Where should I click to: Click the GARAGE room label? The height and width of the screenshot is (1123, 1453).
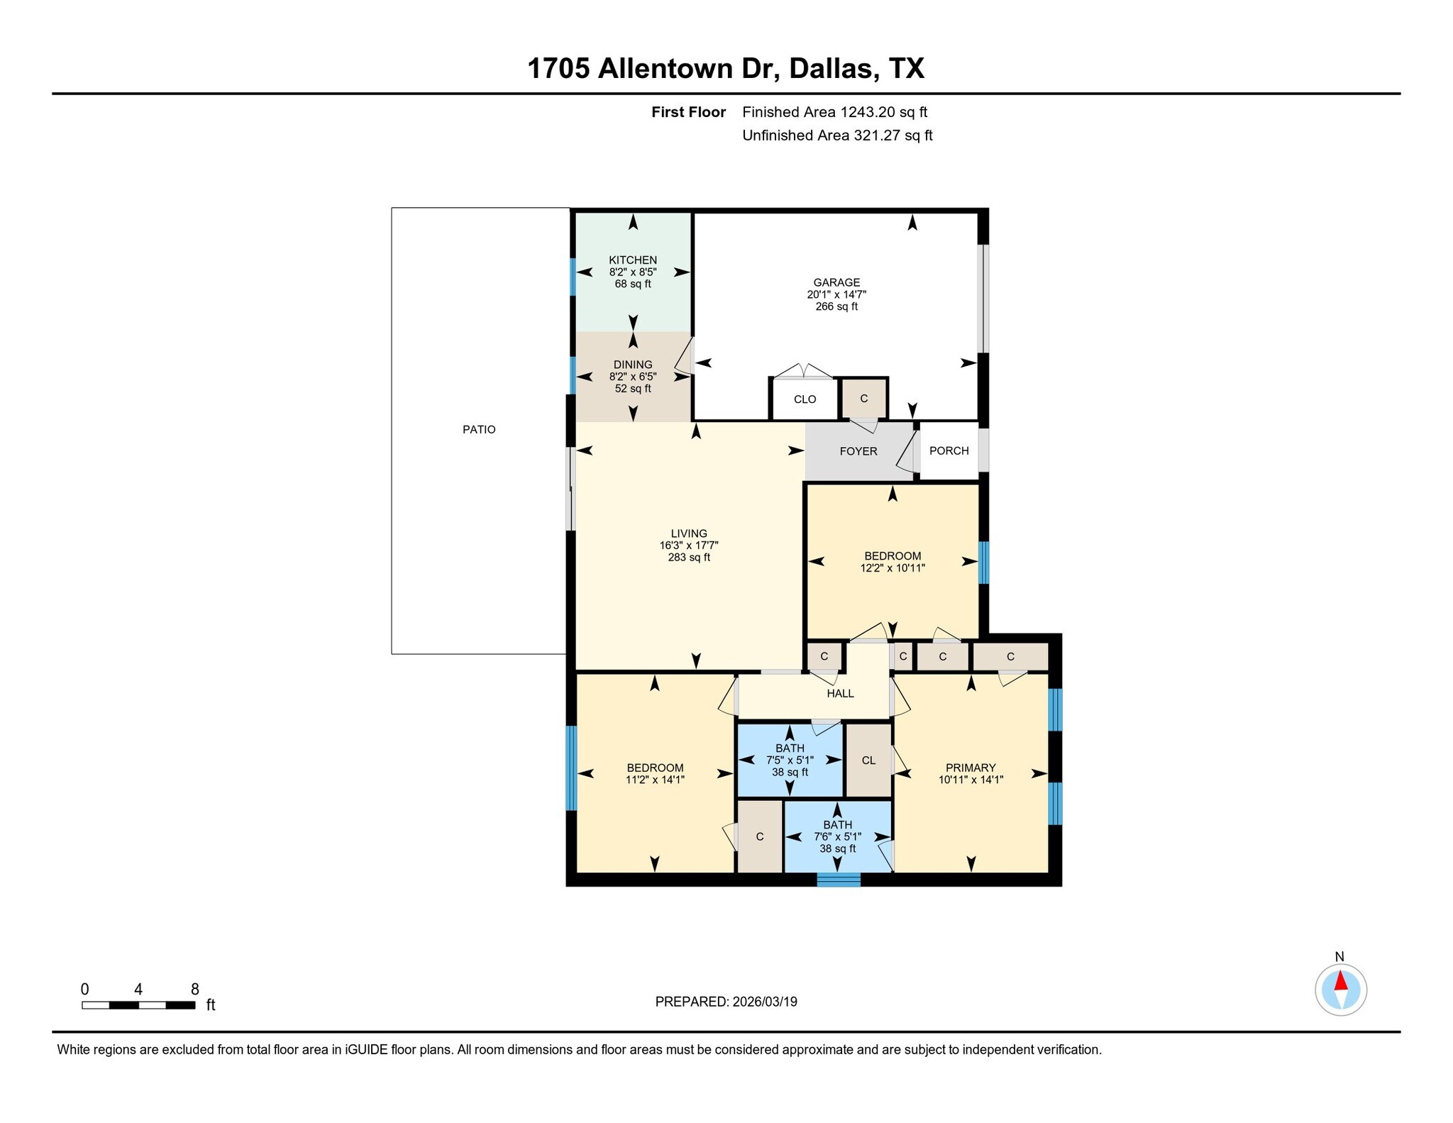tap(836, 282)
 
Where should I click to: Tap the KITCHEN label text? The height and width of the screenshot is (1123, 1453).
tap(633, 260)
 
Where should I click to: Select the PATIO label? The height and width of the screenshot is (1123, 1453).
tap(479, 429)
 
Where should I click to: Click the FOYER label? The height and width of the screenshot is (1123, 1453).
tap(858, 451)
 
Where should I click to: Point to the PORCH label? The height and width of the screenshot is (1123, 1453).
tap(949, 450)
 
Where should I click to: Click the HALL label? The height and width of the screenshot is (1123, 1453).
tap(840, 693)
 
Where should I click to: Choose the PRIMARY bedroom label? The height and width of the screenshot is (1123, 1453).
tap(970, 768)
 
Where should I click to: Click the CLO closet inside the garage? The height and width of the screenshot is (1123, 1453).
tap(805, 399)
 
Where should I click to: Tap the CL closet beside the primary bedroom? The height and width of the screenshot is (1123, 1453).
tap(868, 760)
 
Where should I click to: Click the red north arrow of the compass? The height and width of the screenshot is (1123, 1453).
tap(1340, 981)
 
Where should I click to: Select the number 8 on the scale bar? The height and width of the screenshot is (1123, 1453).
tap(195, 989)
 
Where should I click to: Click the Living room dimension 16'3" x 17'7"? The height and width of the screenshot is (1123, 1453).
tap(689, 546)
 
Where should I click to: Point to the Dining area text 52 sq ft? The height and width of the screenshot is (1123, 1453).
tap(633, 389)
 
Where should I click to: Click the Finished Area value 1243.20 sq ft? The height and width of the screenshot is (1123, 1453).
tap(884, 112)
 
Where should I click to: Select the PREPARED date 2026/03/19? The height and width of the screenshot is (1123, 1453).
tap(765, 1002)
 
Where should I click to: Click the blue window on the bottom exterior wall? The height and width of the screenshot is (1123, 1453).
tap(838, 880)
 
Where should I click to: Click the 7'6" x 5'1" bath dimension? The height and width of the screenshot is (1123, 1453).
tap(837, 837)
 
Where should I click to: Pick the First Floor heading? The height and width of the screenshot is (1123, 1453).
tap(688, 112)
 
